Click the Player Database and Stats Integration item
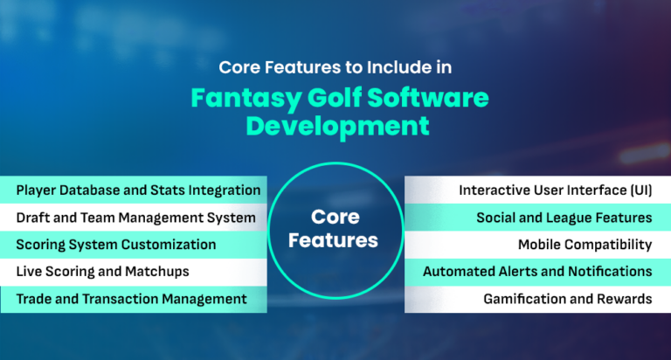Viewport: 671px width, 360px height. click(138, 190)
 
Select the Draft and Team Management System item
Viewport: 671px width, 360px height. click(135, 217)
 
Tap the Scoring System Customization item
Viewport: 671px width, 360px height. click(115, 244)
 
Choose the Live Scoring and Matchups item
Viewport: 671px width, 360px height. click(102, 271)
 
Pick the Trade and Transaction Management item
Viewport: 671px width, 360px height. click(131, 299)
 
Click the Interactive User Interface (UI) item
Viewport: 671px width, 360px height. click(556, 190)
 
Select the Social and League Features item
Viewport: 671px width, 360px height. click(564, 217)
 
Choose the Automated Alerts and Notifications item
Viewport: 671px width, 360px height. click(537, 271)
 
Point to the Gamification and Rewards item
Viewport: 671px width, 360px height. click(567, 299)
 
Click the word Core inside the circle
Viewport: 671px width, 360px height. click(335, 216)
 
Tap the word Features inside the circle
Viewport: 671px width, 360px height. click(335, 239)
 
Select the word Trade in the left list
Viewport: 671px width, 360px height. click(33, 299)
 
